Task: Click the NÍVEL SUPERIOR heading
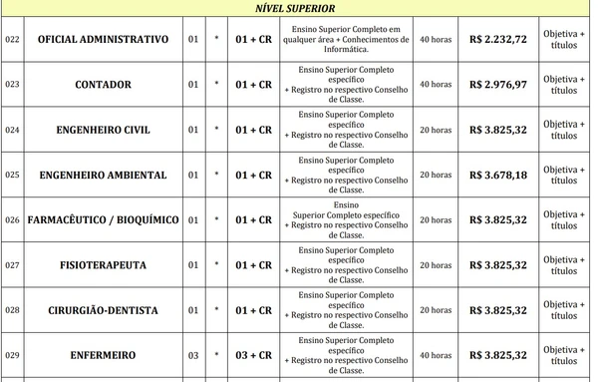(x=299, y=9)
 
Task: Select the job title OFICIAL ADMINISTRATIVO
(x=104, y=40)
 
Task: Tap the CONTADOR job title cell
(x=104, y=85)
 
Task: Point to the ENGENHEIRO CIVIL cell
(x=104, y=130)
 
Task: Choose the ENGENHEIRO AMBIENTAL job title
(x=104, y=175)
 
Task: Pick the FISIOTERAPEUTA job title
(x=104, y=265)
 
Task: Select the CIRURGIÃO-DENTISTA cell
(x=104, y=310)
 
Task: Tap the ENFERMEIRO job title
(x=104, y=355)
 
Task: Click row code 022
(x=12, y=40)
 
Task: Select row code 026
(x=12, y=219)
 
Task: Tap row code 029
(x=12, y=355)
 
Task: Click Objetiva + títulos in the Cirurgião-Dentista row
(x=564, y=310)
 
